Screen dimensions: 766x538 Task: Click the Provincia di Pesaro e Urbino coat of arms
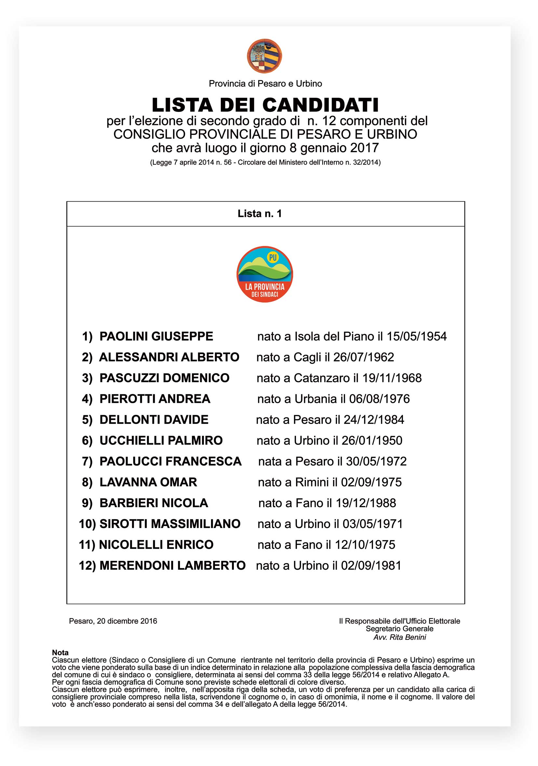point(264,56)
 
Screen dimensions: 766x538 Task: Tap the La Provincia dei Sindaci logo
point(265,274)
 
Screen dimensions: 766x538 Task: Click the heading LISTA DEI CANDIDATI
point(265,105)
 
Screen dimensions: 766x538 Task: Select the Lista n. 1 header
point(260,214)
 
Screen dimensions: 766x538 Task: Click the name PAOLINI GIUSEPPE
point(156,336)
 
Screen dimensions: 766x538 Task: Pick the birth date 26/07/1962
point(363,357)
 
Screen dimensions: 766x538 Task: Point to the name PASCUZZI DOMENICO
point(164,378)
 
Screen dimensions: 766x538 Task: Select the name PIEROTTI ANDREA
point(155,399)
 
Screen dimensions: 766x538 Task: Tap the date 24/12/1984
point(374,420)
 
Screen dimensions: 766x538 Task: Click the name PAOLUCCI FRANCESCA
point(170,461)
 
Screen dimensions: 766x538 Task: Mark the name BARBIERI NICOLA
point(154,503)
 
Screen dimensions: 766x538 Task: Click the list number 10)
point(87,524)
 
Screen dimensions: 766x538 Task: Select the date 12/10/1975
point(365,545)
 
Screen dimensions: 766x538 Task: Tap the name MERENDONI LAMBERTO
point(172,566)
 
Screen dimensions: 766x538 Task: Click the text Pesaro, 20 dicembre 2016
point(113,621)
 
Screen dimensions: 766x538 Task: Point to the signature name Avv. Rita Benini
point(399,638)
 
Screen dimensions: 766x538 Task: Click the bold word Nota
point(60,653)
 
